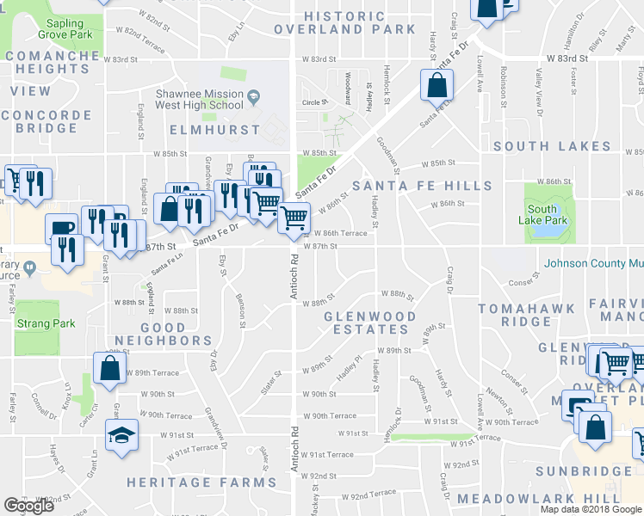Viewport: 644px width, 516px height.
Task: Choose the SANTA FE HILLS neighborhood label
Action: (x=427, y=186)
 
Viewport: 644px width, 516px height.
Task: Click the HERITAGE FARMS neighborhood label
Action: (x=189, y=482)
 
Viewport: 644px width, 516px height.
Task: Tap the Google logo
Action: (x=28, y=506)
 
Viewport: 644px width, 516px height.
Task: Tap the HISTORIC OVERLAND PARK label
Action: (x=345, y=22)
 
